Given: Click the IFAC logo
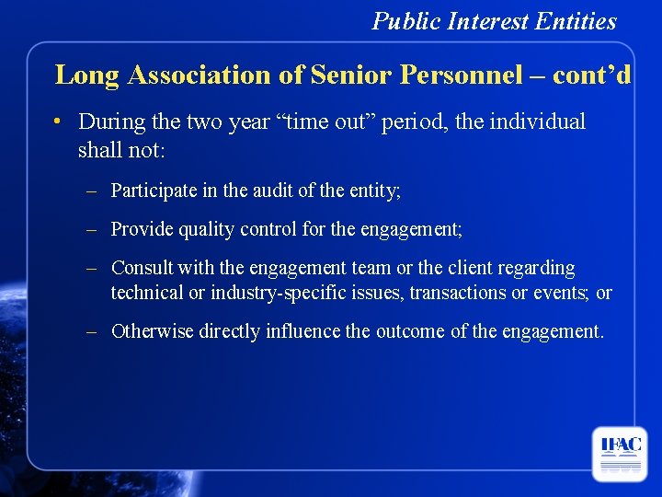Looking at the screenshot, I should [619, 453].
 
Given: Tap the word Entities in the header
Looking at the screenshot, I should [582, 21].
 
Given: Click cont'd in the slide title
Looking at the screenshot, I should [592, 75].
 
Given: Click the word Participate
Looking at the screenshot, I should [153, 191].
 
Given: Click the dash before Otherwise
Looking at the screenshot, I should [92, 331].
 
